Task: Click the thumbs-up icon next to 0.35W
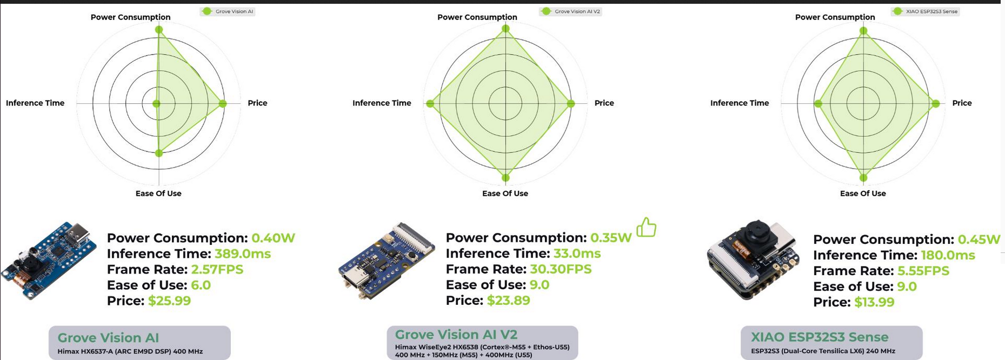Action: pyautogui.click(x=646, y=228)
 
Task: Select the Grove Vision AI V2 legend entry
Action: pyautogui.click(x=571, y=11)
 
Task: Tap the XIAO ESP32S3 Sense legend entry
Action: pyautogui.click(x=926, y=11)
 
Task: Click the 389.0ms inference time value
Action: pyautogui.click(x=243, y=254)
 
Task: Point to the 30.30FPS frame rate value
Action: pyautogui.click(x=561, y=269)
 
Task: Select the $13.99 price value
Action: pyautogui.click(x=874, y=302)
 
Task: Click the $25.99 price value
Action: pyautogui.click(x=169, y=301)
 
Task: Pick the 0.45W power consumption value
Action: pyautogui.click(x=979, y=239)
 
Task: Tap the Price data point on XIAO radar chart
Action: pyautogui.click(x=936, y=103)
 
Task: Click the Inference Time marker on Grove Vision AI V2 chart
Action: pyautogui.click(x=430, y=103)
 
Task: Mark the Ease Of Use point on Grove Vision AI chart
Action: pyautogui.click(x=158, y=153)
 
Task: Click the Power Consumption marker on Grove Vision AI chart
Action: pyautogui.click(x=159, y=30)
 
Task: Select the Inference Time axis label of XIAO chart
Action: pyautogui.click(x=740, y=103)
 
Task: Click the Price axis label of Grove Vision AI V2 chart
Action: pyautogui.click(x=604, y=103)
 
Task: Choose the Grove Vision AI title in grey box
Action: pyautogui.click(x=108, y=338)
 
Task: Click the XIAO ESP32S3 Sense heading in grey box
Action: pyautogui.click(x=820, y=337)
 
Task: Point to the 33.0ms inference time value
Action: pyautogui.click(x=577, y=254)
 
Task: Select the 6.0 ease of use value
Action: pyautogui.click(x=201, y=285)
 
